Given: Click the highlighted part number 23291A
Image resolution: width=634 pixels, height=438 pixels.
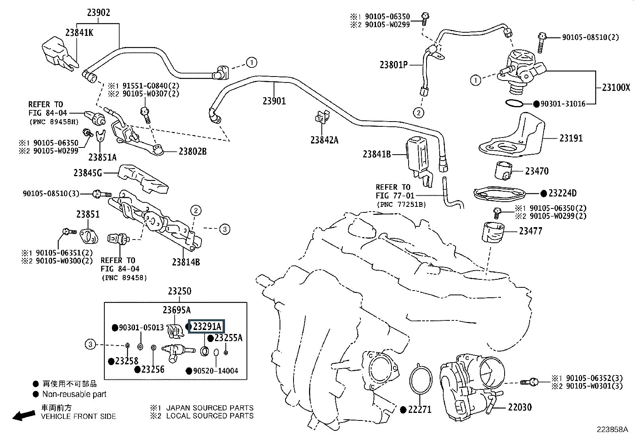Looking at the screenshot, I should [207, 327].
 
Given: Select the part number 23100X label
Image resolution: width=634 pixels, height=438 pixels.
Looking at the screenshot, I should [616, 88].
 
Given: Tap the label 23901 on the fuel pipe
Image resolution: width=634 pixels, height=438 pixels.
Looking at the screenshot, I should [274, 101].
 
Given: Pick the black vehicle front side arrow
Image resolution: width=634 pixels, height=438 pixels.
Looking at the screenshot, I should [23, 415].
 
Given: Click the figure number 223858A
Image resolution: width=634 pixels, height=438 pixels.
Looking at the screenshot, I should [612, 430].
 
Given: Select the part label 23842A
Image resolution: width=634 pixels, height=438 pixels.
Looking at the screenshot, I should [324, 140].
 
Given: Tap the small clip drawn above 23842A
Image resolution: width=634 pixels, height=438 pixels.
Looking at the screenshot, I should [321, 116].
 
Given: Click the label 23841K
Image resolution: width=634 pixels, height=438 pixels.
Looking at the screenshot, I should [79, 33].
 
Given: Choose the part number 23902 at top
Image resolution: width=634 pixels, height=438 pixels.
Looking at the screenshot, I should [99, 12].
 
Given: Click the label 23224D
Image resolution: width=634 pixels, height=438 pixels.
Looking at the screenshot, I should [562, 193].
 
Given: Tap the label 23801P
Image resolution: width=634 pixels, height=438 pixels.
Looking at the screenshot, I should [393, 64].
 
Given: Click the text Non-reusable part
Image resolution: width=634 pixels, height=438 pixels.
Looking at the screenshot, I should [74, 394].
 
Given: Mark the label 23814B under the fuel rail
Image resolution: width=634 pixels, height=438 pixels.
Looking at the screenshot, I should [186, 262].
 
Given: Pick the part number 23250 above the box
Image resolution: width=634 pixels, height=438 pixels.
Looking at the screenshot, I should [179, 291].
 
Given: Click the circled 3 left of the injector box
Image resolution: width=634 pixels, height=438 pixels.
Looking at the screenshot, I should [91, 344].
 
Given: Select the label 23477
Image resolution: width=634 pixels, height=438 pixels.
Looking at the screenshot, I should [530, 231].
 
